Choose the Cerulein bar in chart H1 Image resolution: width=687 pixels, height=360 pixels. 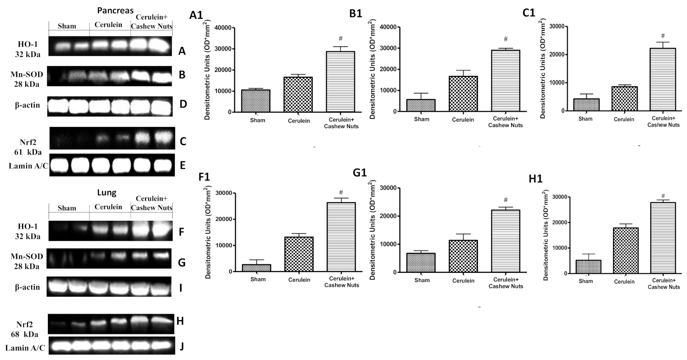625,251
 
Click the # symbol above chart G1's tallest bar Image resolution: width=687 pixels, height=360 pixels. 506,200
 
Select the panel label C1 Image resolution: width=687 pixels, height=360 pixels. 529,13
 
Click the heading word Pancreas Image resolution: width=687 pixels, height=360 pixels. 110,10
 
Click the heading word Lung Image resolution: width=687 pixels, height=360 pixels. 107,192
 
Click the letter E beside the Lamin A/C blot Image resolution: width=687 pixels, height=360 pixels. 183,165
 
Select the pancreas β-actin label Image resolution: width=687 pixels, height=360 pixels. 27,105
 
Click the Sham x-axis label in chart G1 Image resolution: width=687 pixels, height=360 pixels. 422,280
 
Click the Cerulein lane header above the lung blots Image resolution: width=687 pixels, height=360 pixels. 108,207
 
